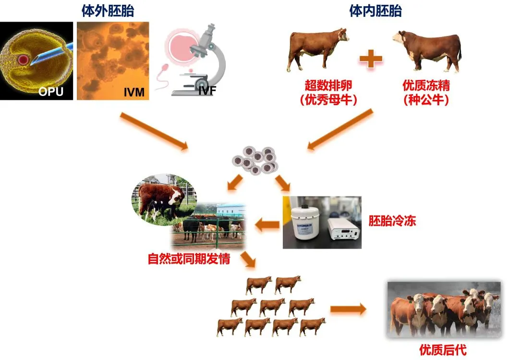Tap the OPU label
tap(50, 91)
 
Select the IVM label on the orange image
tap(134, 91)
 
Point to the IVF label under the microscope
tap(206, 90)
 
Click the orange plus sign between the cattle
tap(371, 60)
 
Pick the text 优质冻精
tap(426, 85)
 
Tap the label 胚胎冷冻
tap(392, 221)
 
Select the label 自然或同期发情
tap(189, 259)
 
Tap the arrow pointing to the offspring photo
tap(348, 309)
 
